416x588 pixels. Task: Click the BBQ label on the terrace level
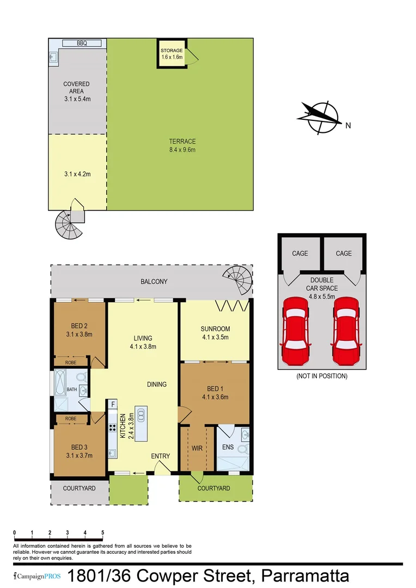(82, 43)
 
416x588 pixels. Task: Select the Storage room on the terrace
(172, 53)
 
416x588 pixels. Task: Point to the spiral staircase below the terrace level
(69, 225)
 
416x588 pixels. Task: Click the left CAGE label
(300, 253)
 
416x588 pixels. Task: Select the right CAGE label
(344, 253)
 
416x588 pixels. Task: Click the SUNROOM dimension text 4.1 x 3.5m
(215, 337)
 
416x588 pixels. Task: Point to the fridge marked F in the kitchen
(113, 404)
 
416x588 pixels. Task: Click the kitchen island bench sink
(140, 416)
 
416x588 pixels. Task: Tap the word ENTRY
(160, 456)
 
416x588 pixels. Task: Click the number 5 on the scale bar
(102, 532)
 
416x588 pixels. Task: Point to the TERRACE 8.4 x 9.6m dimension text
(182, 149)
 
